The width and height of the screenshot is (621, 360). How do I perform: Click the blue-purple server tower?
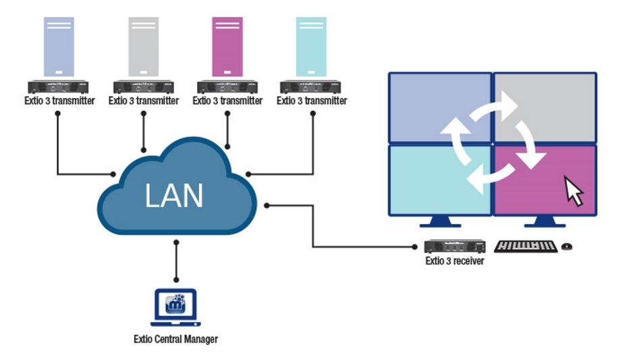pyautogui.click(x=59, y=47)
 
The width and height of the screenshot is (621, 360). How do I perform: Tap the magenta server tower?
pyautogui.click(x=227, y=47)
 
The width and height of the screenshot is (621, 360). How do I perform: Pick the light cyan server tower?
pyautogui.click(x=311, y=47)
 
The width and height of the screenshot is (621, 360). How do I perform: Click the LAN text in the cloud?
pyautogui.click(x=173, y=194)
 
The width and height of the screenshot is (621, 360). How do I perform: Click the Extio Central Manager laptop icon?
pyautogui.click(x=175, y=305)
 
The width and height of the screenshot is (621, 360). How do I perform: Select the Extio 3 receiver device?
pyautogui.click(x=455, y=247)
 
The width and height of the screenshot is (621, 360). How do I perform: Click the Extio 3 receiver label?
pyautogui.click(x=454, y=261)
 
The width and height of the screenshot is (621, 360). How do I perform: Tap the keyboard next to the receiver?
pyautogui.click(x=526, y=247)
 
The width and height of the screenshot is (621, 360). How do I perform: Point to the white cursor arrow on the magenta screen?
pyautogui.click(x=574, y=191)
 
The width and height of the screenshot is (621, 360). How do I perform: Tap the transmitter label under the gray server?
pyautogui.click(x=143, y=101)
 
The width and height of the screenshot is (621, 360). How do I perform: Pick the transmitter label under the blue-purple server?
pyautogui.click(x=59, y=101)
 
